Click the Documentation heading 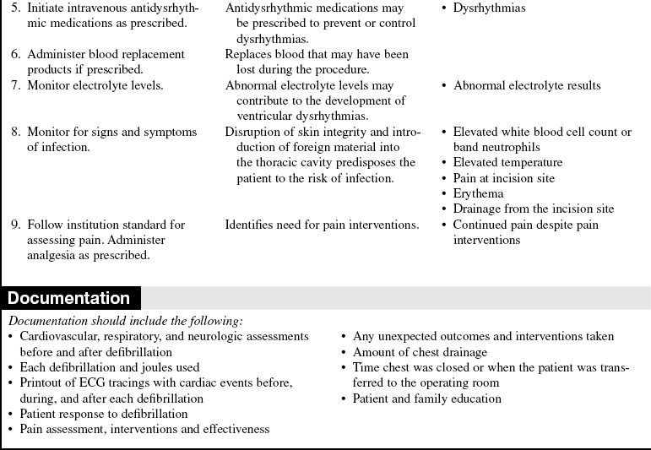(69, 298)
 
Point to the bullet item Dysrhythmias (489, 8)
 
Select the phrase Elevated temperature (507, 162)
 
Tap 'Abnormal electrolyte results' (527, 85)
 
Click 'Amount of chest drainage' (420, 352)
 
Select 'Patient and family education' (428, 398)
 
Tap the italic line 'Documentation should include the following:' (125, 321)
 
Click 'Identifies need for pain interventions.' (322, 225)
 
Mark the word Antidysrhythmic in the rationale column (267, 8)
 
